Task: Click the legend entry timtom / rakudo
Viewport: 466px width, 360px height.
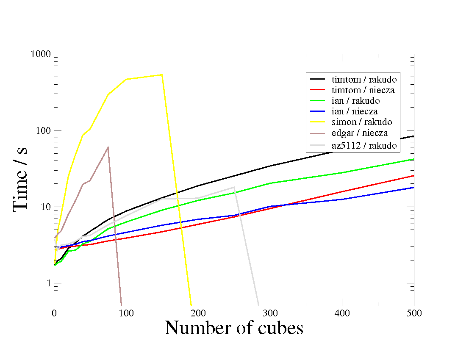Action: [364, 79]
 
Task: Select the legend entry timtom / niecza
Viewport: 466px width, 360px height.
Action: [364, 90]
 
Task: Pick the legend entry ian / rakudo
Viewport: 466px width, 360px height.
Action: [355, 101]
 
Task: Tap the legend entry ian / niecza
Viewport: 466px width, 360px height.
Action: [355, 111]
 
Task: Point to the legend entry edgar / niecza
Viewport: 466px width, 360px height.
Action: [360, 133]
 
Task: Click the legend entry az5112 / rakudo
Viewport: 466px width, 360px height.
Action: [364, 145]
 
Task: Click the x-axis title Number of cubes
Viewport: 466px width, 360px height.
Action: [234, 328]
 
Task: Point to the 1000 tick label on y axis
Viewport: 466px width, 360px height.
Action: [40, 55]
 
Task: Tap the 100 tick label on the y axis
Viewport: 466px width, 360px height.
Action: [43, 130]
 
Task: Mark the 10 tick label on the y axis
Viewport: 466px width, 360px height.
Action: [45, 207]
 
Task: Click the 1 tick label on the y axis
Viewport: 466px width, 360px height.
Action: [47, 283]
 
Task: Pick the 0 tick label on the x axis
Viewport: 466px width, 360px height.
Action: [54, 313]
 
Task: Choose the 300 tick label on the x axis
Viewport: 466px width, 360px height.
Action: [270, 313]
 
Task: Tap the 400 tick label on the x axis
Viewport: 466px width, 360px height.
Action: [342, 313]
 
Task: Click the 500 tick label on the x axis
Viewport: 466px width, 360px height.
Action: [414, 313]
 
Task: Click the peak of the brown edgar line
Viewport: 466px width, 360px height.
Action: [108, 147]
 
